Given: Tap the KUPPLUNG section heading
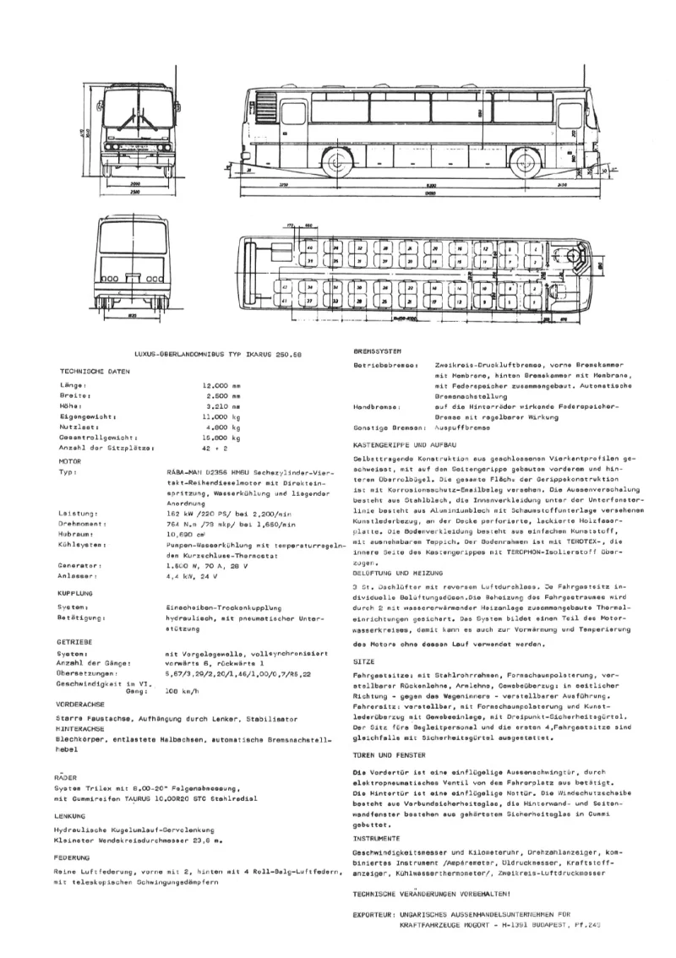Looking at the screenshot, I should (76, 593).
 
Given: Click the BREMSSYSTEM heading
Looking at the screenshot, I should (379, 351).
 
